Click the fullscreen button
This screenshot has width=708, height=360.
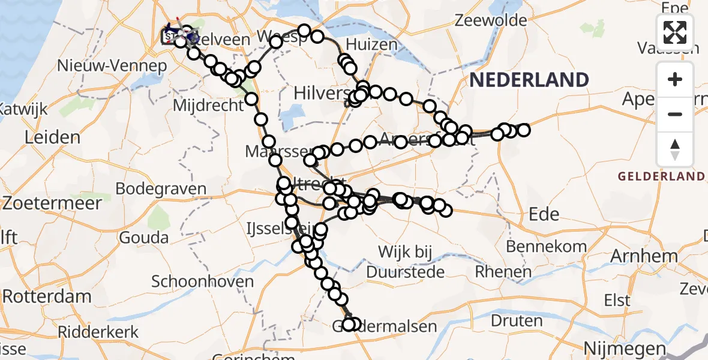[x=675, y=32]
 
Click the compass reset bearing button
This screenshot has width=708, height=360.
[x=675, y=149]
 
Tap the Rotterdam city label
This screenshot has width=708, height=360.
[x=47, y=296]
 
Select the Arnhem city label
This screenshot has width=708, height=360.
[x=644, y=256]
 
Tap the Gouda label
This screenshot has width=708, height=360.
[x=143, y=237]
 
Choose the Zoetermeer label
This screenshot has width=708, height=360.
[x=52, y=203]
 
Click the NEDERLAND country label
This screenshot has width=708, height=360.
[x=529, y=80]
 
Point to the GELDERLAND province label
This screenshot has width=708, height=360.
[x=661, y=176]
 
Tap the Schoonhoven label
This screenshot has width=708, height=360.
[x=203, y=281]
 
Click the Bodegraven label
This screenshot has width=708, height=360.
[x=161, y=188]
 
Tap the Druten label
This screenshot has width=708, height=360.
[x=517, y=320]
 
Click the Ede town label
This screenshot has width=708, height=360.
[x=544, y=215]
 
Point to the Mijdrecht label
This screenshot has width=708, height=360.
[x=208, y=106]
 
